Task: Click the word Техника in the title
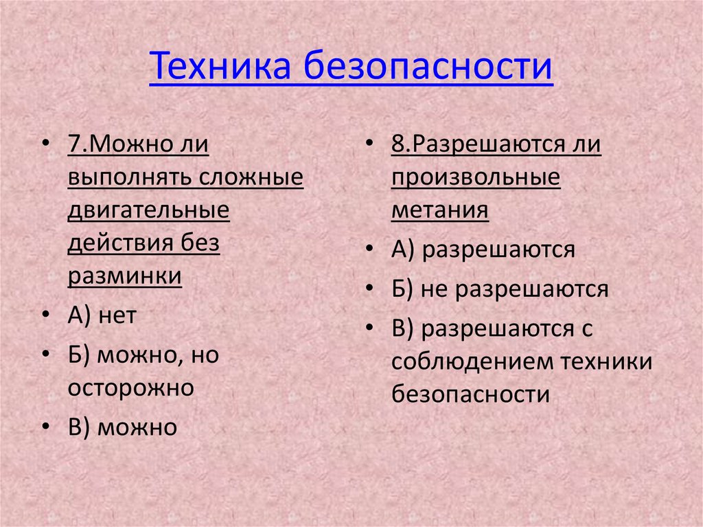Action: [221, 68]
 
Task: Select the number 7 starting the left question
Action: [75, 146]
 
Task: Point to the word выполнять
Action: [130, 178]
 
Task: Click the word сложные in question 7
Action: [252, 178]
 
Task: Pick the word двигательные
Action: [148, 210]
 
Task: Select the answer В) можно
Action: [122, 427]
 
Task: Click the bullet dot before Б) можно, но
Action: [45, 355]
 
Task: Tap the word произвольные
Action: [476, 178]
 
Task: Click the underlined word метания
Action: [440, 210]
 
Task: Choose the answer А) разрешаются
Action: [483, 249]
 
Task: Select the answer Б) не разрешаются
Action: [500, 289]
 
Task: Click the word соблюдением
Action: [472, 361]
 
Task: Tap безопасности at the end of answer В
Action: [472, 394]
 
